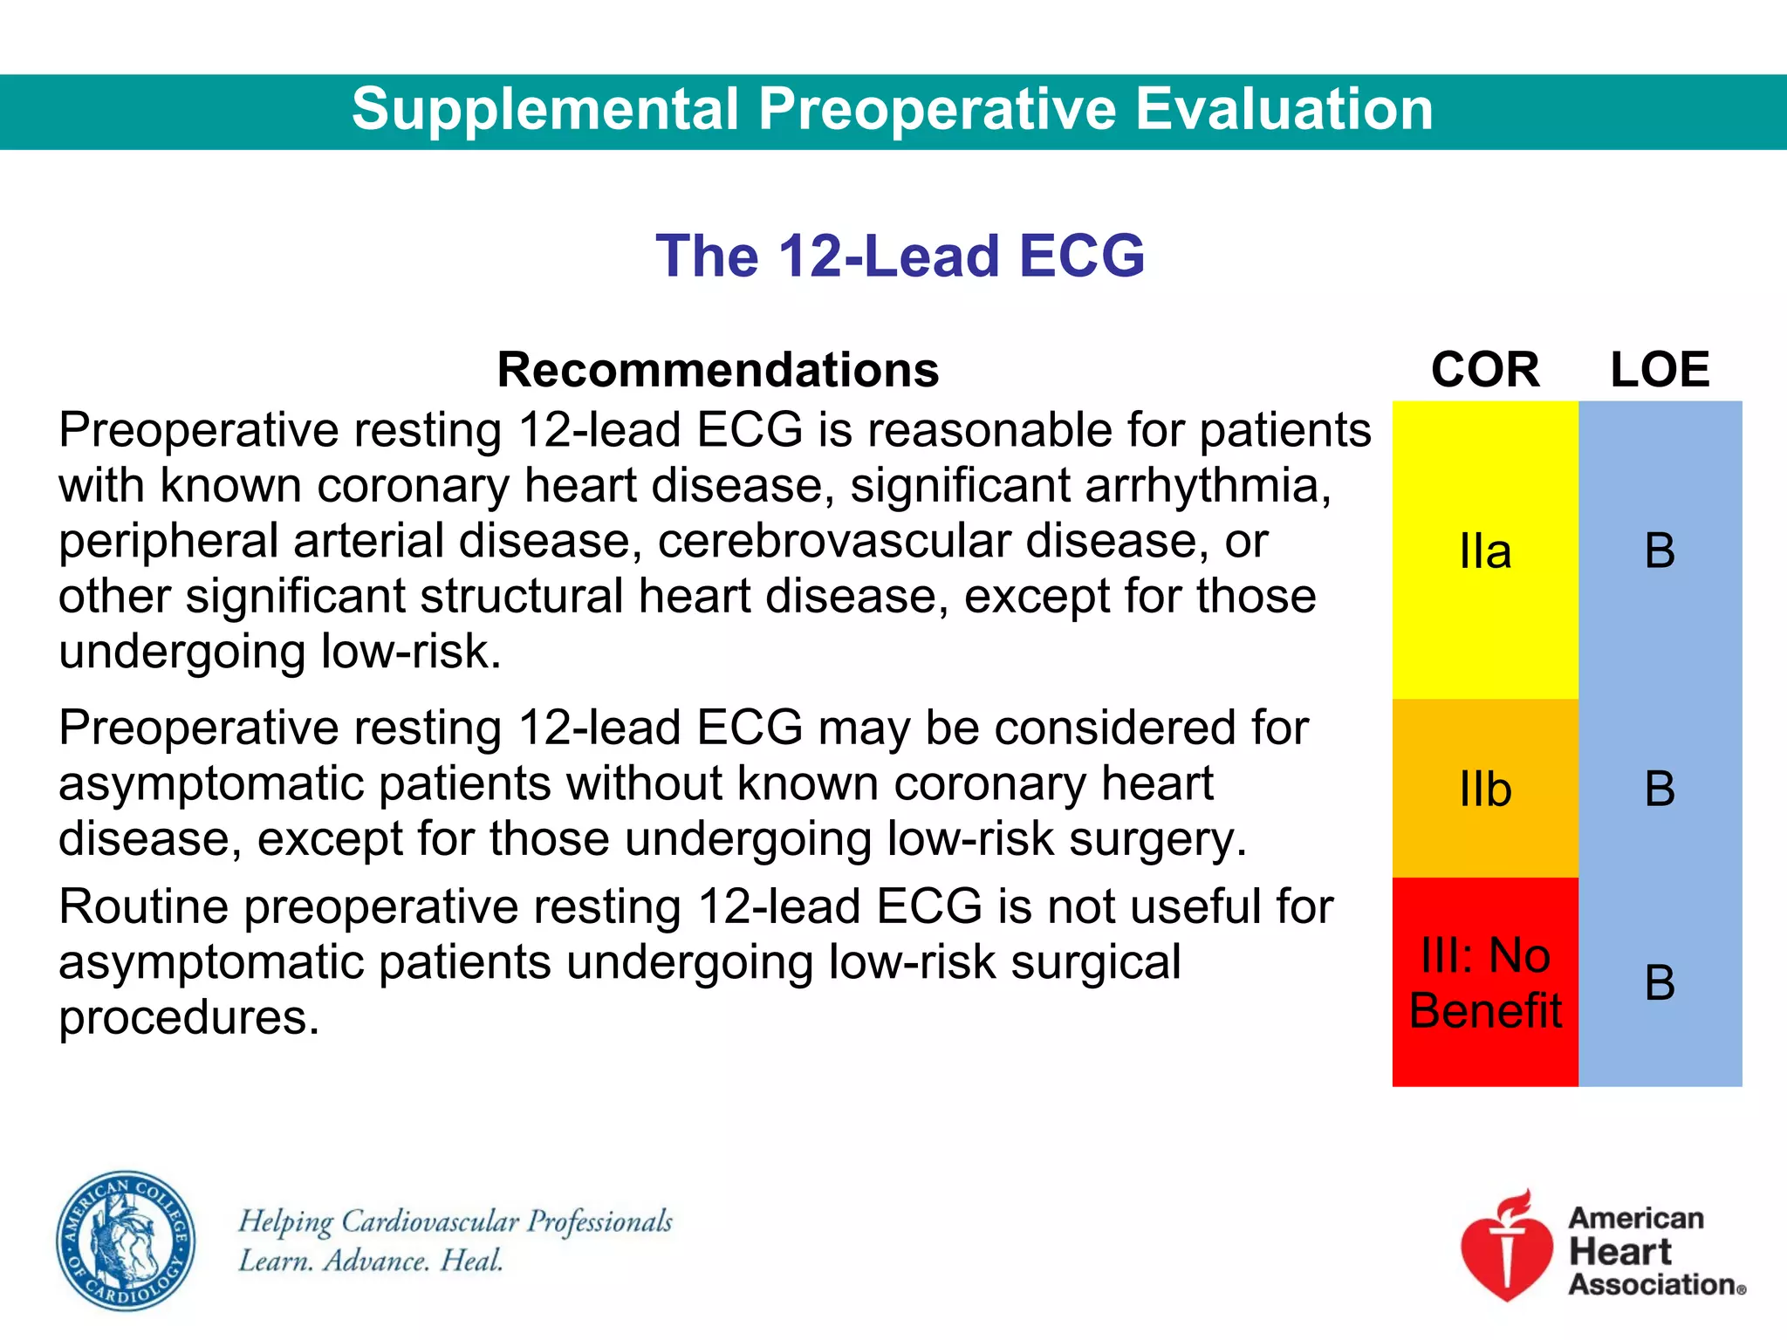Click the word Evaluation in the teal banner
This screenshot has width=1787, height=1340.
point(1284,110)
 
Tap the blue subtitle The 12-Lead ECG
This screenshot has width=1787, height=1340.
point(900,256)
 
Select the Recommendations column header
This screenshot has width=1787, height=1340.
point(717,370)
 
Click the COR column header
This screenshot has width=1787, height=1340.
point(1485,370)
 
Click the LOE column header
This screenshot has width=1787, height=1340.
point(1660,370)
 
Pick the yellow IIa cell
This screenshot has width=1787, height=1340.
point(1485,551)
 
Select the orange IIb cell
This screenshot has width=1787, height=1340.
point(1485,789)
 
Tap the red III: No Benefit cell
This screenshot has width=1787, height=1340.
point(1485,982)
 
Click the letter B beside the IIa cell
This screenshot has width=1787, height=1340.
point(1660,551)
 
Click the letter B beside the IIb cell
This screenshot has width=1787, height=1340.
point(1660,789)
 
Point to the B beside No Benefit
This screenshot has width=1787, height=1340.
point(1660,983)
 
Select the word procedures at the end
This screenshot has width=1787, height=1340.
point(188,1018)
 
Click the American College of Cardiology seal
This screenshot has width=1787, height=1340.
point(126,1240)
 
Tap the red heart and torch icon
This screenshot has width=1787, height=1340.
point(1507,1246)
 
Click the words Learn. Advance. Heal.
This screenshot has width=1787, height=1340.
point(371,1261)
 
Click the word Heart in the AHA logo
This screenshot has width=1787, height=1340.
point(1619,1252)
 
